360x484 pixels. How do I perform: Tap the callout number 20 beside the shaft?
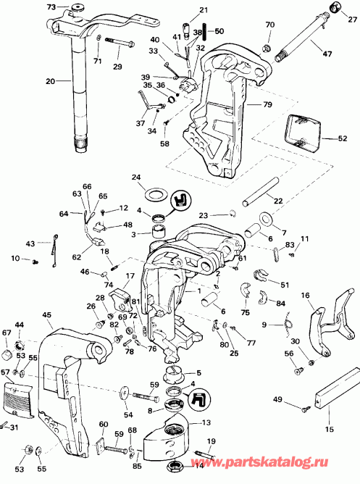51,82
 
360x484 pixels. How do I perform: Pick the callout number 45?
47,314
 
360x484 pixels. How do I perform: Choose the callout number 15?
330,430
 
